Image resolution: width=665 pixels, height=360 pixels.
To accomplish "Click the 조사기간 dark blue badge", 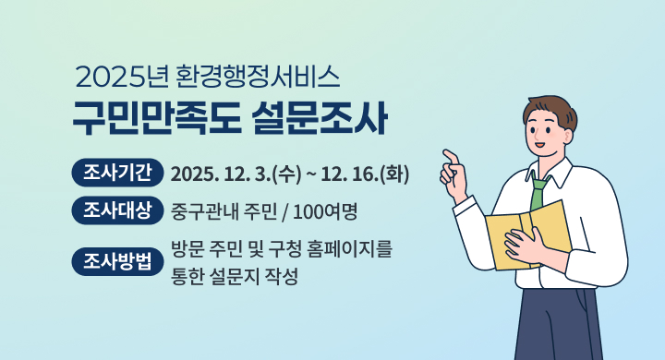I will [117, 174].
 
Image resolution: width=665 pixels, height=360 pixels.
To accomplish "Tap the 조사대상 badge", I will [117, 211].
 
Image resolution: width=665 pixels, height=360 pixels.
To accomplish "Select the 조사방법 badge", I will [117, 262].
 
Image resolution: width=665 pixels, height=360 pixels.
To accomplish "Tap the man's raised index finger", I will [450, 155].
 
